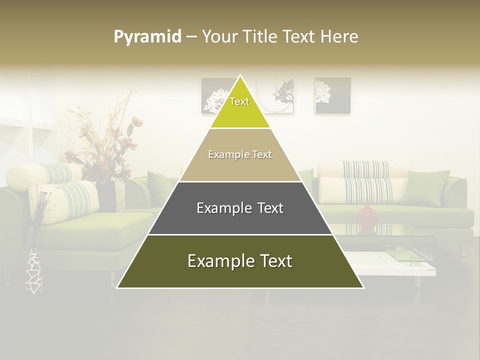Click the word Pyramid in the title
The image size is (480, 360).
[147, 37]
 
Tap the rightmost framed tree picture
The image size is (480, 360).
[332, 95]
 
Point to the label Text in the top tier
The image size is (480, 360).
[239, 101]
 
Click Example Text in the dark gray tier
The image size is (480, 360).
[240, 208]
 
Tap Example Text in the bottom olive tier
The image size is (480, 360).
[240, 261]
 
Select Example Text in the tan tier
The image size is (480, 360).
[240, 155]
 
